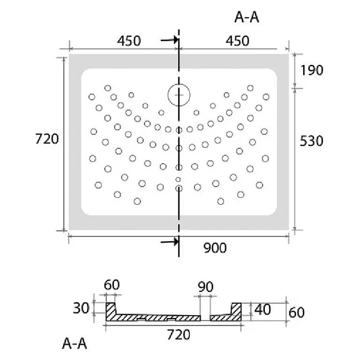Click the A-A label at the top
coord(247,17)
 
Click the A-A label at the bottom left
coord(74,343)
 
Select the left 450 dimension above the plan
coord(129,41)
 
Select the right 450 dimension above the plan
coord(237,41)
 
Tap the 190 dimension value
coord(311,70)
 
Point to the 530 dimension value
coord(311,141)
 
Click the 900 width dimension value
coord(215,248)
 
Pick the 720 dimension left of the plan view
coord(47,139)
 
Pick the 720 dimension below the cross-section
coord(178,335)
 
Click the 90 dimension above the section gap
coord(205,287)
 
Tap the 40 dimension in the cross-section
coord(262,309)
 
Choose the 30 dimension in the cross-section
coord(81,308)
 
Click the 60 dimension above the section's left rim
coord(112,285)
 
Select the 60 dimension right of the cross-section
coord(296,312)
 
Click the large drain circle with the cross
coord(179,95)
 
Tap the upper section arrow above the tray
coord(170,40)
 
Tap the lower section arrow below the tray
coord(170,242)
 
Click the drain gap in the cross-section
coord(205,318)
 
